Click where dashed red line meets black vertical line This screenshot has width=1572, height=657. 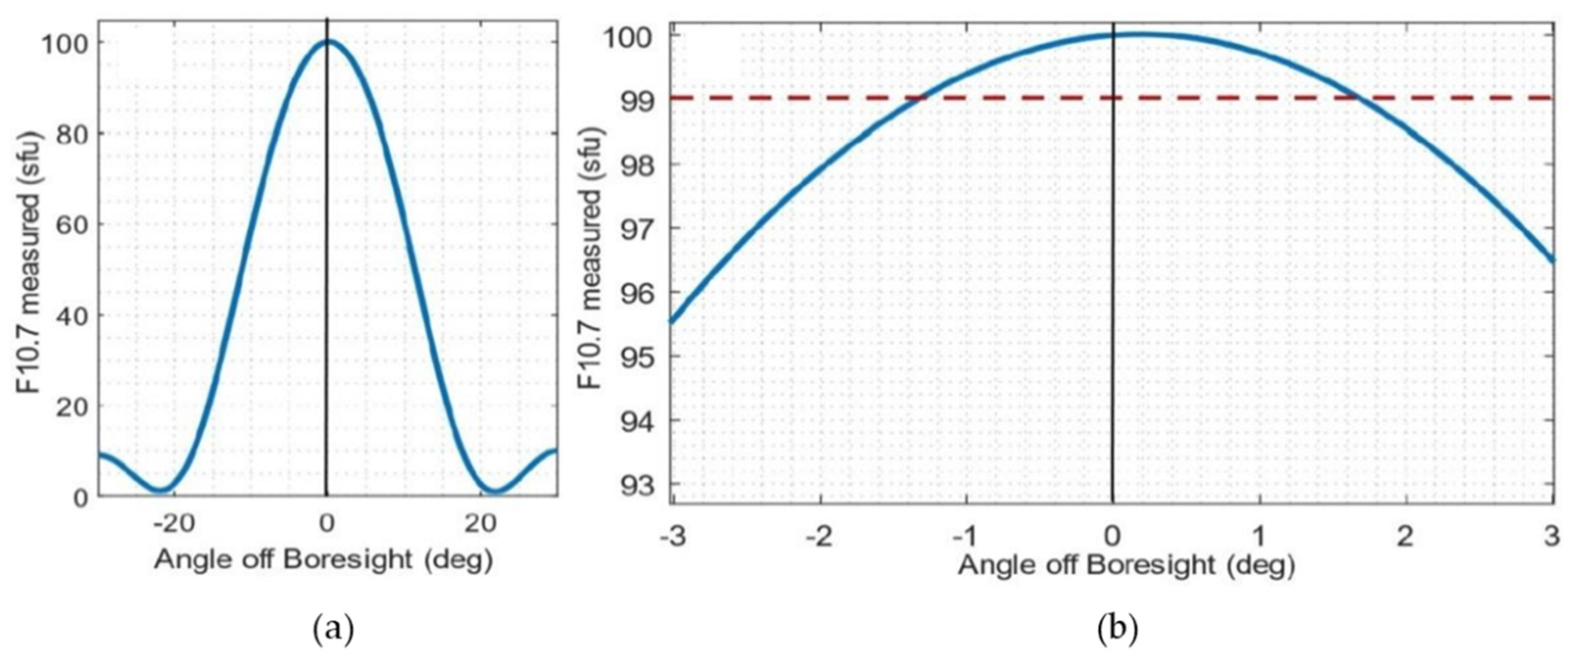[1113, 98]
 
